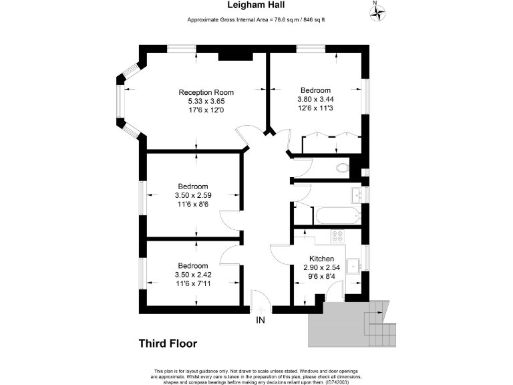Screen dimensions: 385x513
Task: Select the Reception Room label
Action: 206,92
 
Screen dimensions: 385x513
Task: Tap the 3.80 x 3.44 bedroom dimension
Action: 315,100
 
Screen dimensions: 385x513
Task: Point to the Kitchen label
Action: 321,259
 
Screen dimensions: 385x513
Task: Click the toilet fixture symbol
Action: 343,168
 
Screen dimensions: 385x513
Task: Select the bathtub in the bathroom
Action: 337,216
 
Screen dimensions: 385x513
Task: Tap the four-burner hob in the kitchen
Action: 338,236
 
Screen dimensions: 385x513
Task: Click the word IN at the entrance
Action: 261,321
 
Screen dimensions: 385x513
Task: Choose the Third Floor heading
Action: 168,344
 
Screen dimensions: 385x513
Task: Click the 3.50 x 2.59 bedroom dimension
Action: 192,195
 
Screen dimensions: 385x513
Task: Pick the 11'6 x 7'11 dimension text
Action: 192,283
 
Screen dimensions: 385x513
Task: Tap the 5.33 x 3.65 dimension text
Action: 206,101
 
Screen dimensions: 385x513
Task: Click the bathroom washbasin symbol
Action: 356,195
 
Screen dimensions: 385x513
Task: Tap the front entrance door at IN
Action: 260,301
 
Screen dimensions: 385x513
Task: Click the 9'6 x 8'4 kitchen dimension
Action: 321,276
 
